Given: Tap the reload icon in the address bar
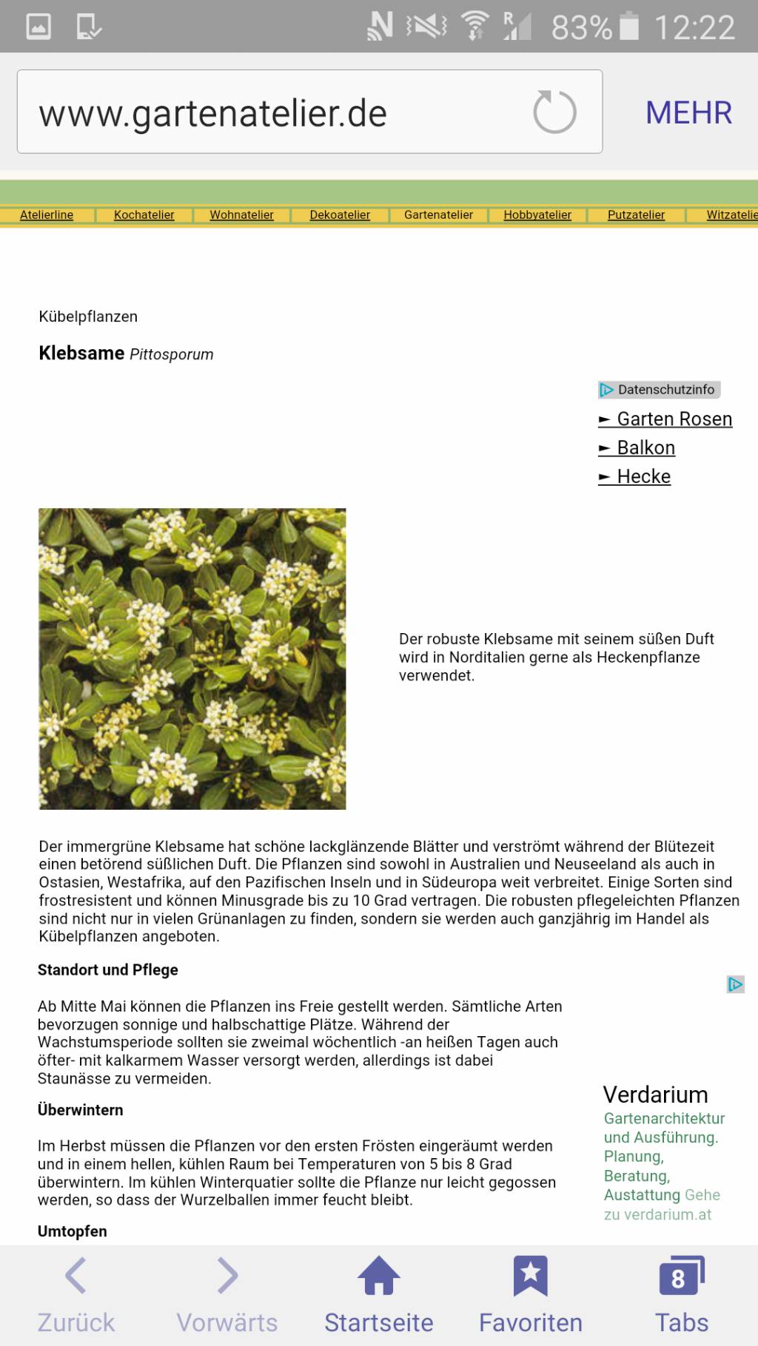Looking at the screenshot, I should [554, 112].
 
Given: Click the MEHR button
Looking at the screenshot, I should [688, 112].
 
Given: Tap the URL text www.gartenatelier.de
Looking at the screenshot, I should [213, 113].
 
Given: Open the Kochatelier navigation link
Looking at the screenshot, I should [144, 214].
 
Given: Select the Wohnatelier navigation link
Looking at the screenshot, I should [241, 214].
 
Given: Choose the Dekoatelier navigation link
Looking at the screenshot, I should [340, 214].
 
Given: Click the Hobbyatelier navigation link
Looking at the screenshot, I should [537, 214].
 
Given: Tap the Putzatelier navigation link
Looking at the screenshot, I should [636, 214].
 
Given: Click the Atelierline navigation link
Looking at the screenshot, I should [47, 214].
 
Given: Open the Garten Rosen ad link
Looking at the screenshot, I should [674, 419].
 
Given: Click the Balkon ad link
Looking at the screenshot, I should [645, 447].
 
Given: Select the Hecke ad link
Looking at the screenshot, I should [643, 476].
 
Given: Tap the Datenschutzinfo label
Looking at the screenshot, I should [665, 389].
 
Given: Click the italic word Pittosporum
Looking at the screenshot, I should [171, 354].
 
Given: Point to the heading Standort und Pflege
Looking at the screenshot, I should [108, 970].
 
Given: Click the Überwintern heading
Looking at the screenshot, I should [80, 1109].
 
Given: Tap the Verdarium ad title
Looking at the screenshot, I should [655, 1095].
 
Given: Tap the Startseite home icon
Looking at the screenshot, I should [378, 1276].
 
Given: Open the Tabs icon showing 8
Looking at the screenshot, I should [681, 1276].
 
